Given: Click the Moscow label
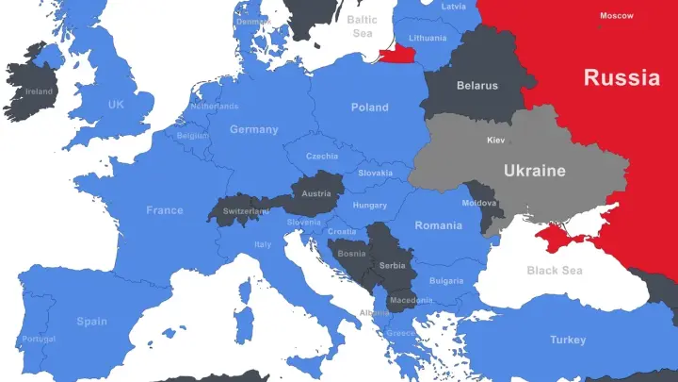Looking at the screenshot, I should (x=617, y=15).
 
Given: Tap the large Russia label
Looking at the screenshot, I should (x=621, y=77).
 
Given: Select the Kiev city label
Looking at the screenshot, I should (x=495, y=141).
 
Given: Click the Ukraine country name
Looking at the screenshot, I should (x=535, y=171).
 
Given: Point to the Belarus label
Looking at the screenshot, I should (x=476, y=86).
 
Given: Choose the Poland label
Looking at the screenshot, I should (x=369, y=108).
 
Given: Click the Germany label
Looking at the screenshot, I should (x=254, y=129).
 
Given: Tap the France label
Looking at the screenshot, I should (x=165, y=210).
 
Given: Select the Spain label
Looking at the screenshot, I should (x=91, y=321).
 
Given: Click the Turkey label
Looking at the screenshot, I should (x=568, y=340).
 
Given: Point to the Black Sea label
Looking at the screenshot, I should (x=555, y=271).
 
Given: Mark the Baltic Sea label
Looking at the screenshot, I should (x=363, y=25).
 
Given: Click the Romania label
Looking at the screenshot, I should (x=439, y=225).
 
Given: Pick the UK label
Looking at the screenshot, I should (x=116, y=105).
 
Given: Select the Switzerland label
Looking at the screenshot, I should (x=246, y=211).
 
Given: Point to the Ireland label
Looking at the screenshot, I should (x=39, y=91).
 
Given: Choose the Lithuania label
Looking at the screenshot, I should (x=428, y=38).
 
